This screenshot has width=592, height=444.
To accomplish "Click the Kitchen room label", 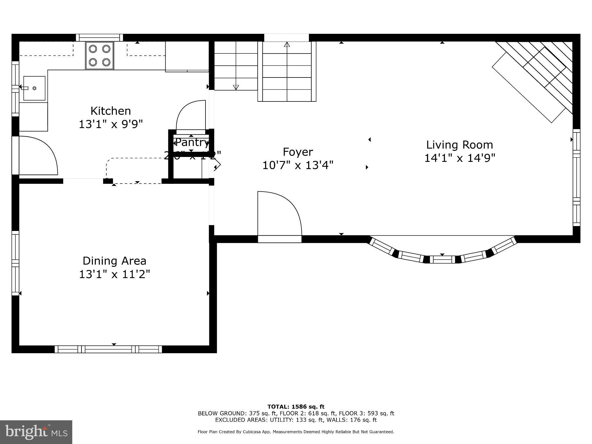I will tap(111, 111).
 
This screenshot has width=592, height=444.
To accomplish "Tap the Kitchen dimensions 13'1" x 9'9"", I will tap(111, 124).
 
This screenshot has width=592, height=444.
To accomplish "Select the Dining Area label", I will tap(114, 261).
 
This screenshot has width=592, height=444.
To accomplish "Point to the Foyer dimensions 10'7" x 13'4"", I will tap(298, 165).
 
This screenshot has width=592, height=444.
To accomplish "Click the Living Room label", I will tap(460, 145).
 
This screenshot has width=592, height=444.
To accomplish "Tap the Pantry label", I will tap(192, 142).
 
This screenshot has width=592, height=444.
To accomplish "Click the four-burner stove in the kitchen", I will tap(99, 56).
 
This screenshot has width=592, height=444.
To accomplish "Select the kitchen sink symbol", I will tap(34, 88).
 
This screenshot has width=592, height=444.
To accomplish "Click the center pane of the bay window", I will tap(442, 259).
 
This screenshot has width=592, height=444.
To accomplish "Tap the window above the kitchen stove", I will tap(99, 38).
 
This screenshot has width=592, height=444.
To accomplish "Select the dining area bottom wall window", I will tap(108, 349).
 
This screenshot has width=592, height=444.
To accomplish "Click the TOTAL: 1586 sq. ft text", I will tap(296, 407).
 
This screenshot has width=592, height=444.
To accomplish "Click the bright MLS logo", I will tap(36, 432).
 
